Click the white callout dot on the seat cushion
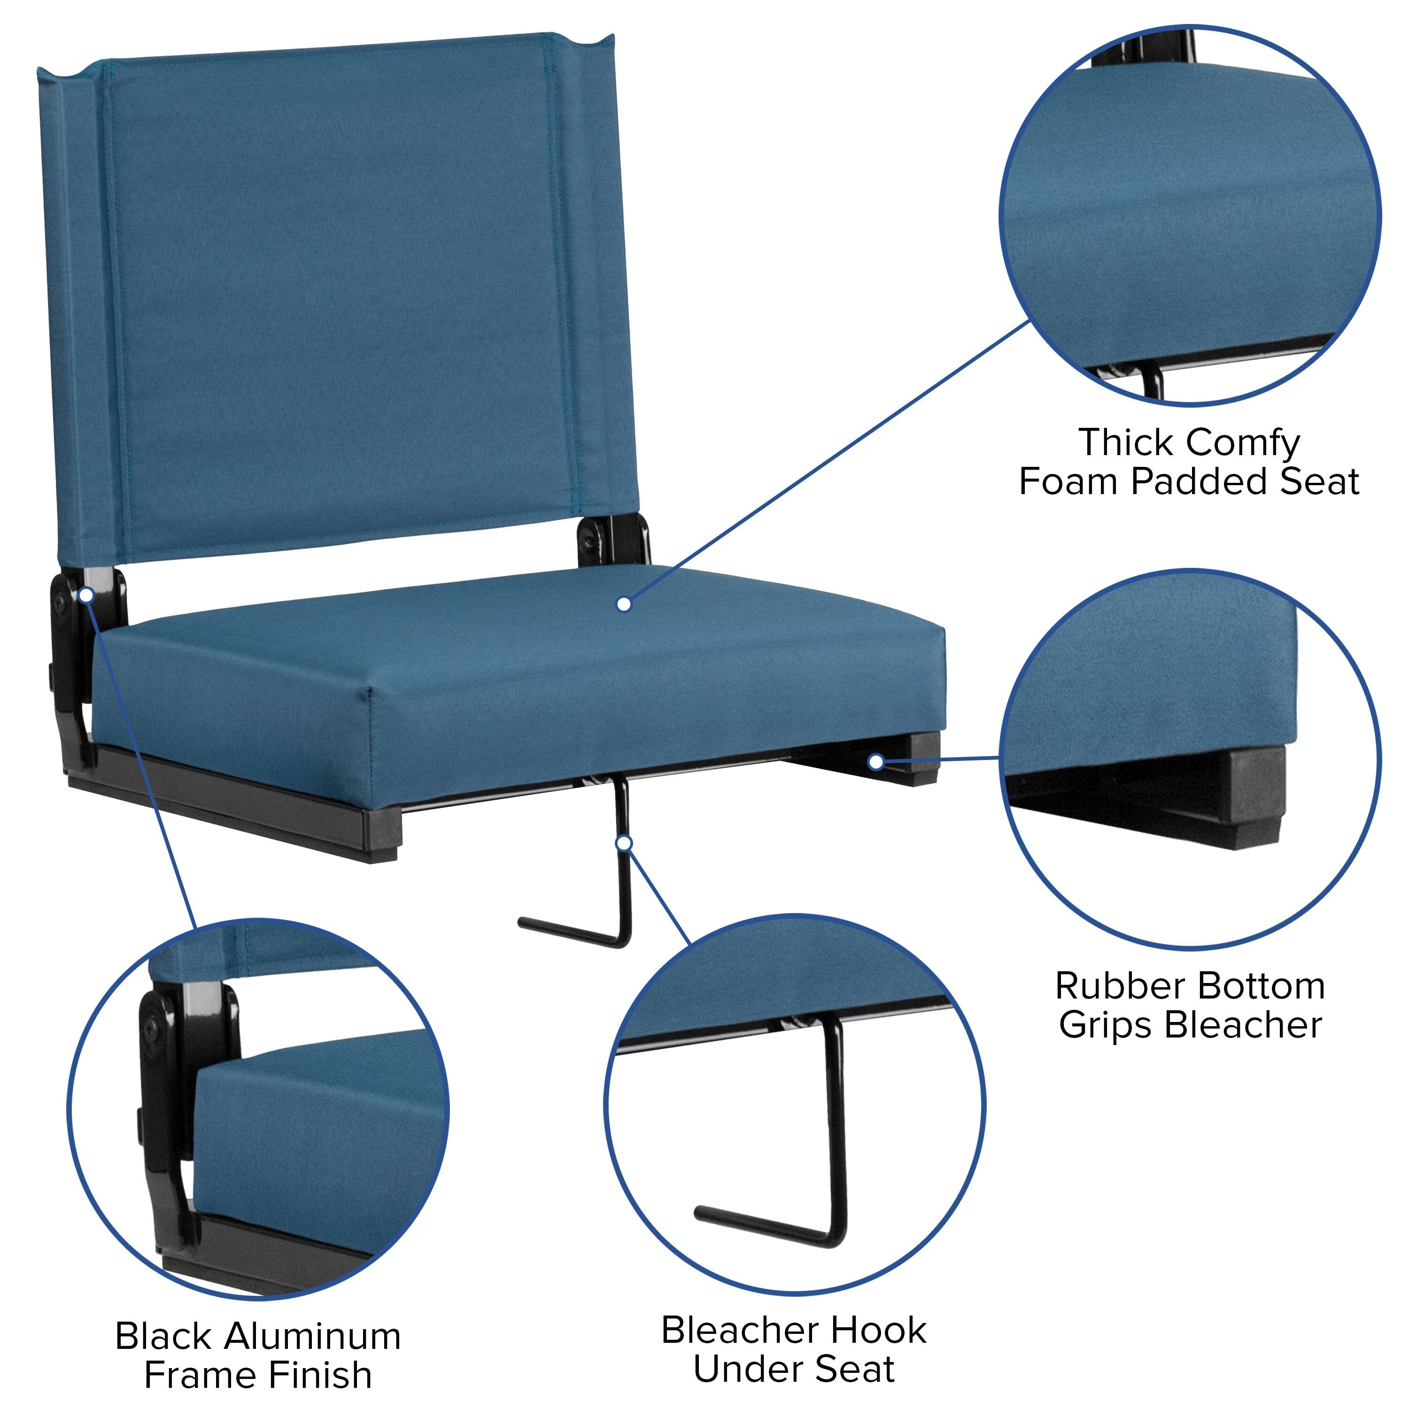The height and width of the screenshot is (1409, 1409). point(624,604)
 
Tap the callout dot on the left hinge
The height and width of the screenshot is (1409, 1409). point(86,595)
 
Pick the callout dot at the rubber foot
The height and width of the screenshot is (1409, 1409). point(876,762)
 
